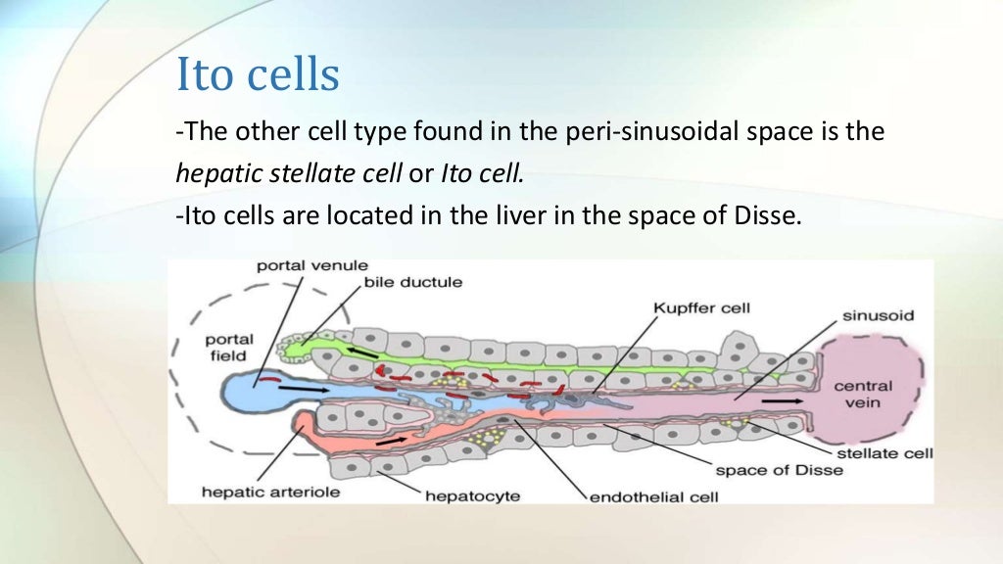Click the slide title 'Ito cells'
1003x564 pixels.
click(258, 75)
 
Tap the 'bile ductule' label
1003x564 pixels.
click(413, 282)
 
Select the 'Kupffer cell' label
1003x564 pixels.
click(701, 307)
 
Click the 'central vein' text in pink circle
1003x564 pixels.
click(863, 394)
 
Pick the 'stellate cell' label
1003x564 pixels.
click(883, 452)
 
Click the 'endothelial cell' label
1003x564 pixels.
click(653, 496)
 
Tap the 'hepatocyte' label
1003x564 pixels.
click(471, 495)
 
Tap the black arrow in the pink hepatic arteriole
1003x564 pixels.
click(392, 441)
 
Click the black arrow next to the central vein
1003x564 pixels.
click(781, 400)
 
